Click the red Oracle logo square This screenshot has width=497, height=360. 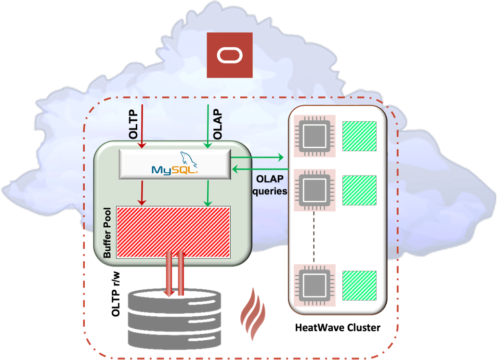point(230,55)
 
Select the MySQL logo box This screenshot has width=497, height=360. point(175,164)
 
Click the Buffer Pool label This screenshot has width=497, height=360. point(107,233)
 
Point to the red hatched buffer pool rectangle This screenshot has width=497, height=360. point(173,234)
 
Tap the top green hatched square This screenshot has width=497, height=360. point(359,136)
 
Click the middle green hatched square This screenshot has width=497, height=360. point(359,190)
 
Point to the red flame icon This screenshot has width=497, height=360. point(253,313)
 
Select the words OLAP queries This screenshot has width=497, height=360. point(269,185)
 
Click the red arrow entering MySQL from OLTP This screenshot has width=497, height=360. point(142,125)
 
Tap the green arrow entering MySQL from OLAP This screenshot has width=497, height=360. point(208,125)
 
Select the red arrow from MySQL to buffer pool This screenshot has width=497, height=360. point(142,192)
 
